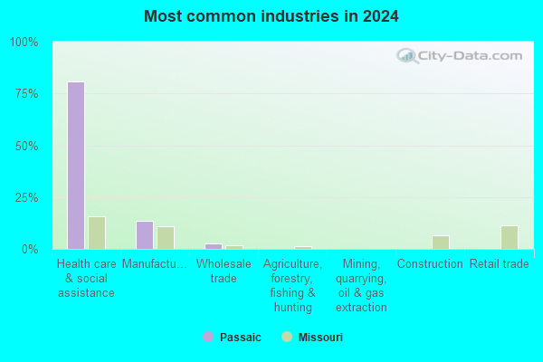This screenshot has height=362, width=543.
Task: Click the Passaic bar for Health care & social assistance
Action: point(76,166)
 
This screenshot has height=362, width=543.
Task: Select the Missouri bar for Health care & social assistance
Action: point(97,233)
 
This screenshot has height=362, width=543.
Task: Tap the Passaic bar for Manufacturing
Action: point(145,235)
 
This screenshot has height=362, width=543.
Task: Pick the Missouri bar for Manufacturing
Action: point(166,238)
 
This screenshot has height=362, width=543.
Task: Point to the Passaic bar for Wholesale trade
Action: point(214,247)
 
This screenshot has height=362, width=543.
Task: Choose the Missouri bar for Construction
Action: point(441,243)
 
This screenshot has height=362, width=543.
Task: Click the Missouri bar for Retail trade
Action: point(510,238)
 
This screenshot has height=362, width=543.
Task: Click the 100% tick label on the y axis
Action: point(24,43)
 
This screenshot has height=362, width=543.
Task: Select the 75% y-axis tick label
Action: point(26,94)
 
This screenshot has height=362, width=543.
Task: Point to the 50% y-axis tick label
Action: point(26,147)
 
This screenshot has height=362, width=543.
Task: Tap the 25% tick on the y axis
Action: point(26,198)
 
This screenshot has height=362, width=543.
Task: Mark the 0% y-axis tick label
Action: point(30,250)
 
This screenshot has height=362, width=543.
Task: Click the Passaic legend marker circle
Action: point(208,337)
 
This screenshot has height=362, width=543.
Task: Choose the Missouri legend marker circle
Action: point(287,337)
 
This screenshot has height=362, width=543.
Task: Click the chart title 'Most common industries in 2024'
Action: point(271,16)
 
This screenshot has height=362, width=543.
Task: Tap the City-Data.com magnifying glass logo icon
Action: point(407,56)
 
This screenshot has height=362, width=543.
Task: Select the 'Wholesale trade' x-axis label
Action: point(224,271)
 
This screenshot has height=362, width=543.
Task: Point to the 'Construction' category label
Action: point(430,264)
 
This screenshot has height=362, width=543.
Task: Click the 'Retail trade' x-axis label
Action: point(499,264)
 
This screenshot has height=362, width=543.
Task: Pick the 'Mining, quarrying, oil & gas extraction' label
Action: point(361,285)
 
